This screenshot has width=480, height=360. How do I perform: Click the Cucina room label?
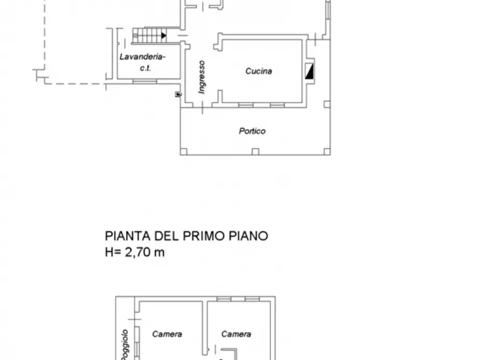[259, 71]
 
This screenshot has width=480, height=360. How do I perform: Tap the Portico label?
[252, 131]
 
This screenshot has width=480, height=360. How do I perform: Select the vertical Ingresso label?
[202, 76]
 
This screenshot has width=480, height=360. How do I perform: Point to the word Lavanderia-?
[142, 57]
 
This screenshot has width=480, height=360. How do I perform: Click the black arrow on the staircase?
[163, 36]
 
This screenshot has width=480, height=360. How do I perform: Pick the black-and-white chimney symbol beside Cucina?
[310, 71]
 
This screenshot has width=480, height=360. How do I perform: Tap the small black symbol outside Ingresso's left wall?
[178, 95]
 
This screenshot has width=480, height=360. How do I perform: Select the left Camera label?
[167, 334]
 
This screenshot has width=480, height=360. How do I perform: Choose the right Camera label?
[236, 334]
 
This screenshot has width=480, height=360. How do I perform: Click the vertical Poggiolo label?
[124, 344]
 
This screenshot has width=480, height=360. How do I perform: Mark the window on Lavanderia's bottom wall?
[145, 82]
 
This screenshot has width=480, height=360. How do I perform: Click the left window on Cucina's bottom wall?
[246, 104]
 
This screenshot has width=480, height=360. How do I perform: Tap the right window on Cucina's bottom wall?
[277, 104]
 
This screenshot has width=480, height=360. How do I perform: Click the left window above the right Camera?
[224, 298]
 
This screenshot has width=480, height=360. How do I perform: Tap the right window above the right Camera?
[252, 298]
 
